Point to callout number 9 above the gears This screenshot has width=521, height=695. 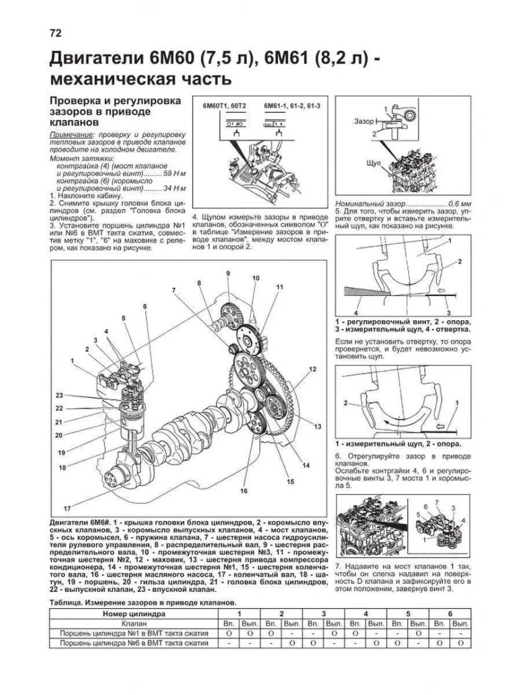tap(228, 274)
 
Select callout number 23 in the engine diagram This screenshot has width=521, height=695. tap(59, 396)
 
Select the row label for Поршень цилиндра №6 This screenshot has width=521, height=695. tap(132, 643)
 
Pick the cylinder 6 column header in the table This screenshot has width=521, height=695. tap(450, 612)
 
